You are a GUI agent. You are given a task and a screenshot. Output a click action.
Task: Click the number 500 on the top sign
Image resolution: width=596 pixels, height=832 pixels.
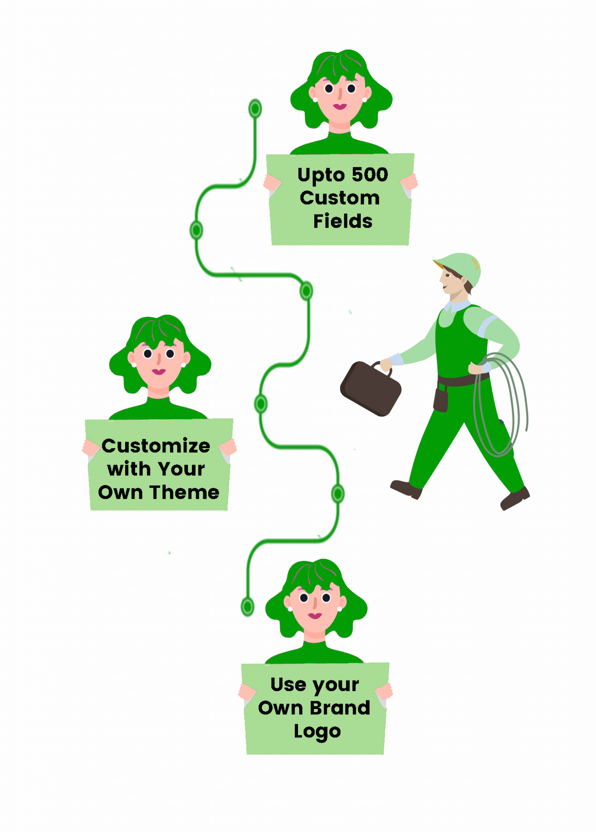(370, 175)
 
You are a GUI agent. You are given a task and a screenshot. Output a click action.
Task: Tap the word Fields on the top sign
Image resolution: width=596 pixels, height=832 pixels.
(342, 221)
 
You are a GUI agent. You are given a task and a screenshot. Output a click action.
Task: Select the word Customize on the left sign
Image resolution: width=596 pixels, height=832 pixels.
(156, 446)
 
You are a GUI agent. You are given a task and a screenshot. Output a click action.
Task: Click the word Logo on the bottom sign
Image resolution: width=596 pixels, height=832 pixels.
(317, 732)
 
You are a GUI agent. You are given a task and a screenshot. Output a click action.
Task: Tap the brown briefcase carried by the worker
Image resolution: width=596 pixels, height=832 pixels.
(370, 389)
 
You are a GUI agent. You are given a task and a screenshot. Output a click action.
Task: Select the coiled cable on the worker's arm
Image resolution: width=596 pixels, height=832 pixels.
(502, 406)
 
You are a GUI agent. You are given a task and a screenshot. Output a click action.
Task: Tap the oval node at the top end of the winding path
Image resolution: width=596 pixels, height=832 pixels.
(255, 108)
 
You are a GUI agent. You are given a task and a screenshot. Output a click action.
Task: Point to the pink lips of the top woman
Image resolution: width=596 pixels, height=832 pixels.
(340, 106)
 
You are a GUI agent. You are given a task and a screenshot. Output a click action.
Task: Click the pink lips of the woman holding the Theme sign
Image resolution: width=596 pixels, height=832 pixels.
(159, 371)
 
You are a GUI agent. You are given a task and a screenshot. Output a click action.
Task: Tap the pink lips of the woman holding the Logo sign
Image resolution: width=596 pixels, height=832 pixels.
(315, 615)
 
